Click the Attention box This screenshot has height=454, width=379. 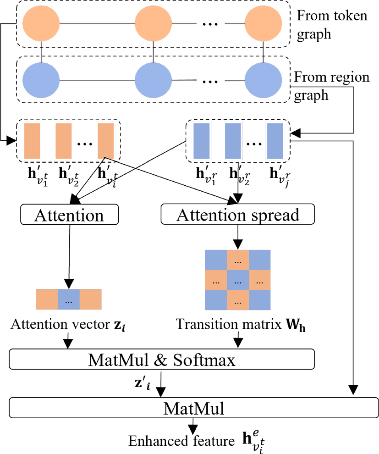pos(70,214)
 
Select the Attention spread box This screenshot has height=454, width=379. pos(237,214)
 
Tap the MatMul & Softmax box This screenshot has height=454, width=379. pos(162,360)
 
